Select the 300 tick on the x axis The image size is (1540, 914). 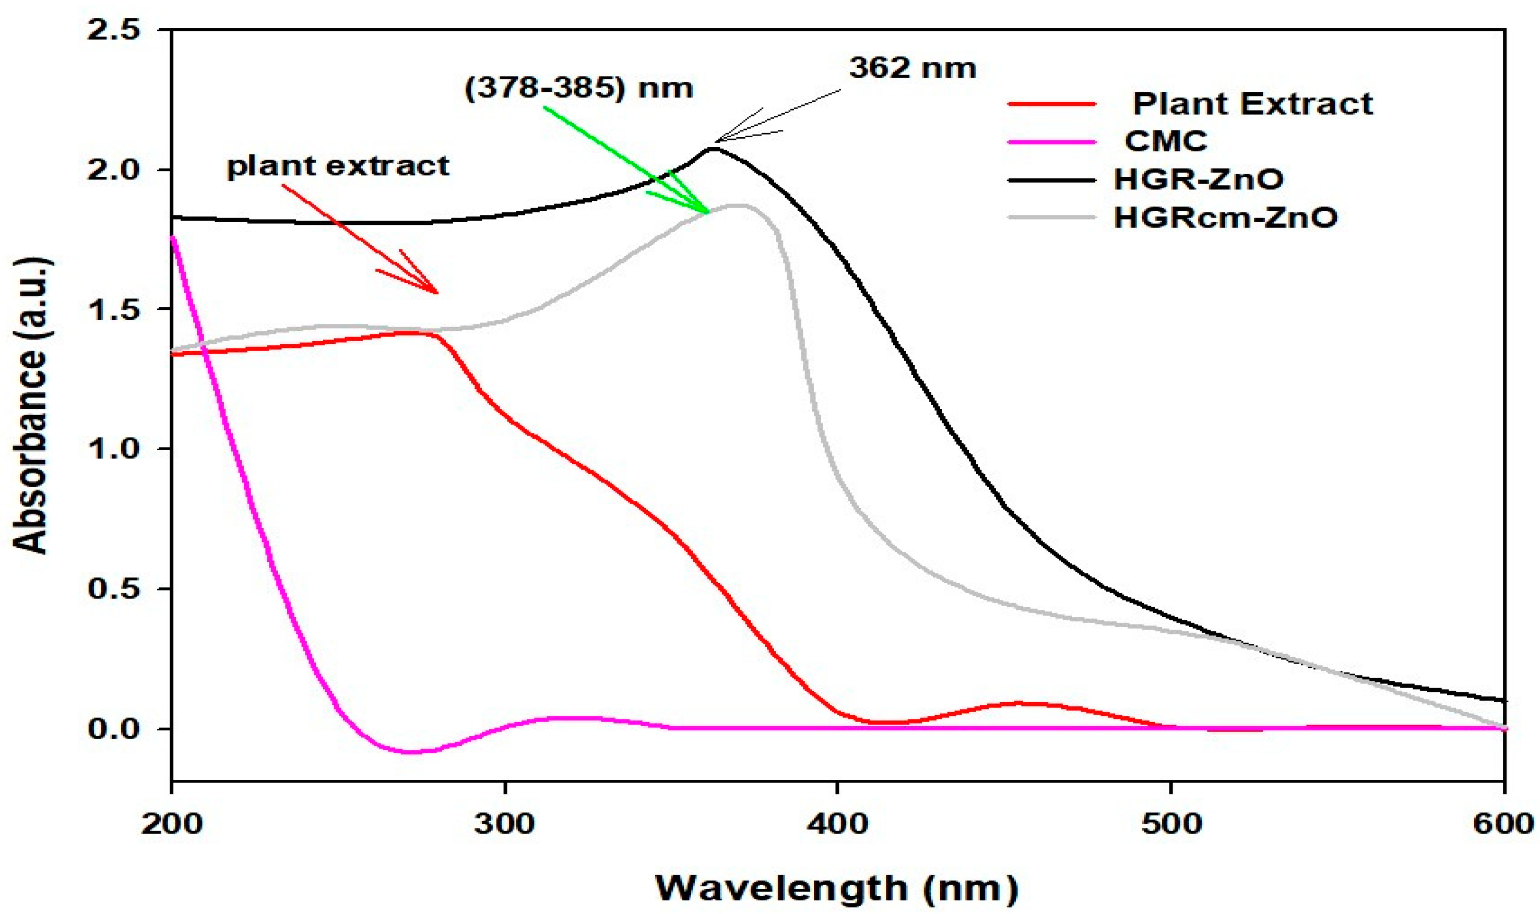tap(504, 823)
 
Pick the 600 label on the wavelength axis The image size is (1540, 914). tap(1502, 823)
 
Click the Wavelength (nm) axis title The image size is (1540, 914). tap(836, 887)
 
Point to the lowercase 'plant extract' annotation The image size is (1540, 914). tap(338, 166)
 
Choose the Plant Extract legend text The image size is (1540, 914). tap(1252, 103)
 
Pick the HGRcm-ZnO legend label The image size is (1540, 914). tap(1226, 218)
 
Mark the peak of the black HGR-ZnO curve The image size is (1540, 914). tap(713, 149)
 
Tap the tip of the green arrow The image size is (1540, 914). tap(709, 212)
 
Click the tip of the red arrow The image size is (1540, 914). tap(437, 293)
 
